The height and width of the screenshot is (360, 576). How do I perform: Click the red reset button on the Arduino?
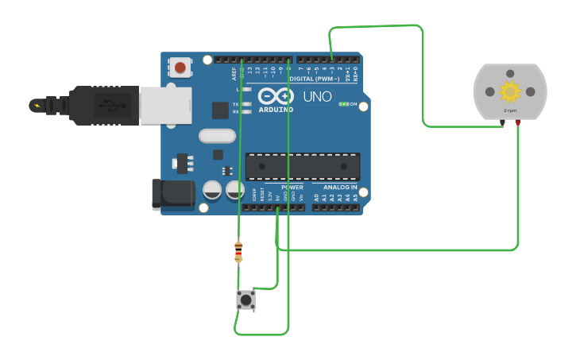[181, 68]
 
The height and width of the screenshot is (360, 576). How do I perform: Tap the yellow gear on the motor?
[509, 91]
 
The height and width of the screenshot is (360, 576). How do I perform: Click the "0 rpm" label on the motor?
[509, 112]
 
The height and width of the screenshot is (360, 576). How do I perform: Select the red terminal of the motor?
[518, 122]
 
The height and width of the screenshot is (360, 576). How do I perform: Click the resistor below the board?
[238, 251]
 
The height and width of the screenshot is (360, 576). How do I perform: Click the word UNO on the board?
[318, 97]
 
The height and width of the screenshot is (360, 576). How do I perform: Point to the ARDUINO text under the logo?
[274, 109]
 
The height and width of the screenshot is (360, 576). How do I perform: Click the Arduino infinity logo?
[275, 96]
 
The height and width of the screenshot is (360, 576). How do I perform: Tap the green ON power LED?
[342, 104]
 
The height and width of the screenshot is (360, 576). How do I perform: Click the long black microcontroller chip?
[302, 166]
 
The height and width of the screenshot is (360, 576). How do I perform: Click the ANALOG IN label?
[340, 188]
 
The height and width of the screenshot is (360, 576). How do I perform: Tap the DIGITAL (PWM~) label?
[312, 79]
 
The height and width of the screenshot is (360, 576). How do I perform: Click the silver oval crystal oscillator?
[217, 136]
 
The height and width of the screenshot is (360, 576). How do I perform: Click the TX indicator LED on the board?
[246, 104]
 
